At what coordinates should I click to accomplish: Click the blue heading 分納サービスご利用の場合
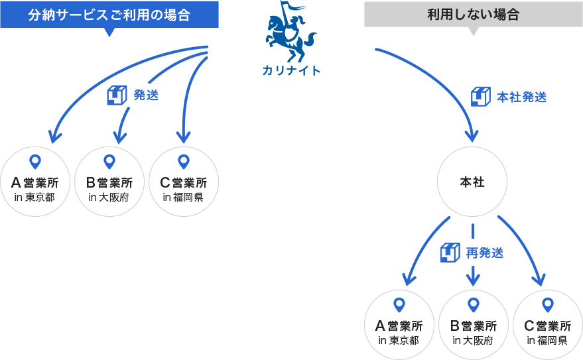click(x=109, y=15)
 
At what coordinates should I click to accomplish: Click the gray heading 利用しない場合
click(x=473, y=15)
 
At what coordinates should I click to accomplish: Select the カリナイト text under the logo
click(x=291, y=70)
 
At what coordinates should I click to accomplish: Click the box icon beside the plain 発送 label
click(x=117, y=95)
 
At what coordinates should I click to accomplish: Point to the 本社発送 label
click(x=522, y=97)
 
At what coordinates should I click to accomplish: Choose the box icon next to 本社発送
click(x=480, y=97)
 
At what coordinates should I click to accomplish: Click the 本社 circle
click(x=472, y=182)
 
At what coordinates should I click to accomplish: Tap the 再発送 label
click(x=485, y=253)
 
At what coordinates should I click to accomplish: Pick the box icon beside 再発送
click(x=450, y=252)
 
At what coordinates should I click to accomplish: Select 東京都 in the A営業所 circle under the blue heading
click(x=40, y=198)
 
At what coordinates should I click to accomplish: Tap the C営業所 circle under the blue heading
click(x=184, y=181)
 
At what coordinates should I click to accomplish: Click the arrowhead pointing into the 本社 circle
click(x=472, y=136)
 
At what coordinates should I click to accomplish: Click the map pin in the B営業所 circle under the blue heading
click(x=109, y=161)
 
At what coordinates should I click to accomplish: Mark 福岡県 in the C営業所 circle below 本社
click(x=552, y=341)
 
